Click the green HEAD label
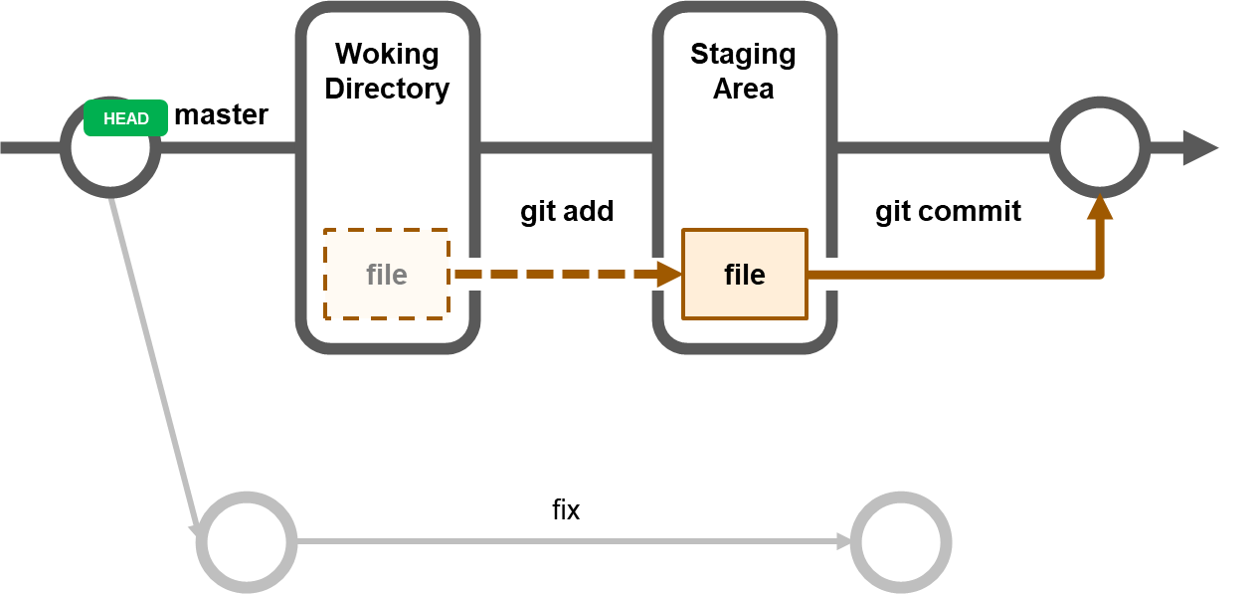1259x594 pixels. point(125,118)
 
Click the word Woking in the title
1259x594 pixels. point(386,54)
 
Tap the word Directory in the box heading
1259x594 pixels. point(386,89)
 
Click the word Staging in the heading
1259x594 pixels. point(743,54)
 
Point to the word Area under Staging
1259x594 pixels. point(743,89)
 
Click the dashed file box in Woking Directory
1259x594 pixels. point(386,275)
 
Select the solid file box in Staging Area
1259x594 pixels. point(744,275)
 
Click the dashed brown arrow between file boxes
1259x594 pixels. point(557,275)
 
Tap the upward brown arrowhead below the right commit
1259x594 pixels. point(1099,207)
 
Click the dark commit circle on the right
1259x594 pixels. point(1099,147)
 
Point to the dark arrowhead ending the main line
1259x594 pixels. point(1199,147)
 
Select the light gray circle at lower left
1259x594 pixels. point(247,542)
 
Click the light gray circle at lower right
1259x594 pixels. point(901,542)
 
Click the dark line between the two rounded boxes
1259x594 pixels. point(566,147)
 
